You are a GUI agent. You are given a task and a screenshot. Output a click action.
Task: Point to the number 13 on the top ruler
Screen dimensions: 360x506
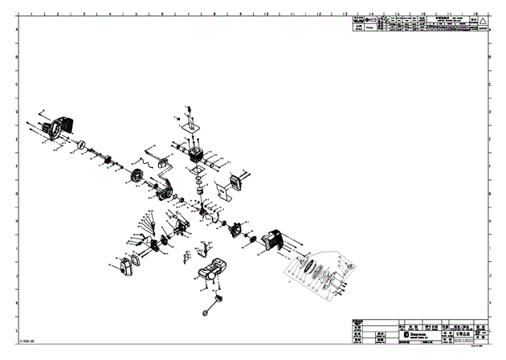point(345,14)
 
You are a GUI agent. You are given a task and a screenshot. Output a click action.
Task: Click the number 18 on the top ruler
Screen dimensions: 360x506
point(476,14)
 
